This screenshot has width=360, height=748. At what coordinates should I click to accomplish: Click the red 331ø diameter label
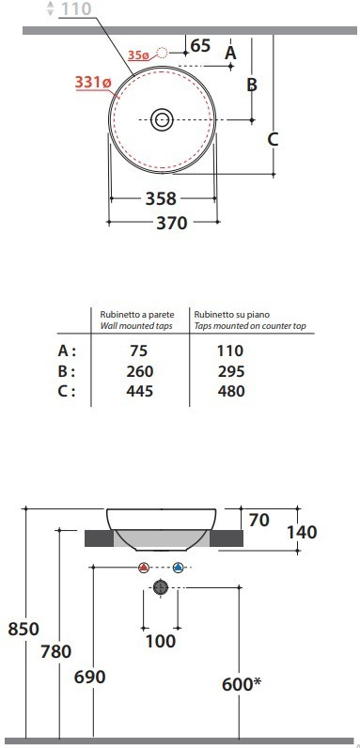point(93,83)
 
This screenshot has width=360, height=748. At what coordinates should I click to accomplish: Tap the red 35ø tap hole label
point(138,55)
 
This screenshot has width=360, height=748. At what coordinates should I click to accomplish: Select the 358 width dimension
point(161,198)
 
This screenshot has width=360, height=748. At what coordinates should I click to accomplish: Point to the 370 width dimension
point(172,223)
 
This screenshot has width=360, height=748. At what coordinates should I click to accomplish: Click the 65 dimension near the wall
point(200,46)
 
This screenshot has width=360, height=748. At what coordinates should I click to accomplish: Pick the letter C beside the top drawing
point(273,140)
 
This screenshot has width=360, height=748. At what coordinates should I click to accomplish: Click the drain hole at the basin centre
point(162,119)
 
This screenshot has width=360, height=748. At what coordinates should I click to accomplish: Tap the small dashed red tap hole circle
point(162,53)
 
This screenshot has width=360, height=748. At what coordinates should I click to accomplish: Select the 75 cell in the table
point(138,351)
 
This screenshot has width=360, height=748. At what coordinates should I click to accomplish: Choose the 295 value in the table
point(231,371)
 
